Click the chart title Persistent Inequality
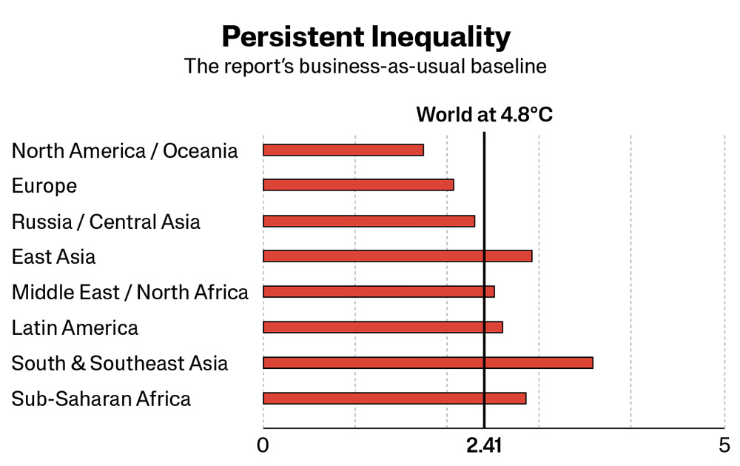(x=366, y=37)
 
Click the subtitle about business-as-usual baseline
(x=366, y=66)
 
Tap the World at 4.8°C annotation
(x=484, y=114)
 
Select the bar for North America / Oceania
(x=343, y=150)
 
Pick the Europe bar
(x=359, y=184)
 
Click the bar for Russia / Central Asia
(x=369, y=222)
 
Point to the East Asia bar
(x=398, y=256)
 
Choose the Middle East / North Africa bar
(x=379, y=292)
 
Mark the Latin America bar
(x=383, y=327)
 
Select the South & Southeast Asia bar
(x=428, y=363)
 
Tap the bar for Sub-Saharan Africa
(x=394, y=399)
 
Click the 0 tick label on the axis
(x=263, y=445)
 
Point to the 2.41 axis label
(x=484, y=445)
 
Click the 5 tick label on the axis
(x=724, y=445)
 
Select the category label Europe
(x=44, y=186)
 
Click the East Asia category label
(x=53, y=256)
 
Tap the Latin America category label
(x=75, y=327)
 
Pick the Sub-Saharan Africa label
(x=101, y=399)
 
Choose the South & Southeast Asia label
(x=120, y=363)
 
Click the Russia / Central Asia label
(x=106, y=222)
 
